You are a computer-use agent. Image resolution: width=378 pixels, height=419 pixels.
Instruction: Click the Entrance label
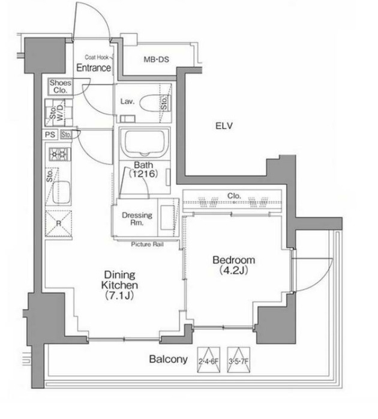(94, 68)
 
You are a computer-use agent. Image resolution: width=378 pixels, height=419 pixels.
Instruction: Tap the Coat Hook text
(97, 57)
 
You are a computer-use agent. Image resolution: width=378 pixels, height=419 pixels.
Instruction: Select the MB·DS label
(157, 59)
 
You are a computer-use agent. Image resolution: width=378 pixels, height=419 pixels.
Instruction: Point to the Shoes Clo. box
(61, 86)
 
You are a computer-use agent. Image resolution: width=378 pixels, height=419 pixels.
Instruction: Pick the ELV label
(224, 125)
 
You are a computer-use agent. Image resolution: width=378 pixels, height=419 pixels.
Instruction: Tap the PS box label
(50, 134)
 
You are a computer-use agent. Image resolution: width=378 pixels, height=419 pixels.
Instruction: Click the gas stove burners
(60, 154)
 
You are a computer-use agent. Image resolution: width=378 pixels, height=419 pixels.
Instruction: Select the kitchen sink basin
(61, 192)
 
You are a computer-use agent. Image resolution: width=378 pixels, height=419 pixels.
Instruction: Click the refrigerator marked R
(59, 224)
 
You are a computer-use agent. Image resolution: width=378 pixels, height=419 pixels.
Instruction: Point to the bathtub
(145, 143)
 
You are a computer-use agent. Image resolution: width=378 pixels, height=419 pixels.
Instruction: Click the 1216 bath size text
(143, 174)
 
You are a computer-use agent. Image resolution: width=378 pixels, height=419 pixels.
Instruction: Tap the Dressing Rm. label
(137, 219)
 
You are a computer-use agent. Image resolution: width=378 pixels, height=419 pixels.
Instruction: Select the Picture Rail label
(147, 244)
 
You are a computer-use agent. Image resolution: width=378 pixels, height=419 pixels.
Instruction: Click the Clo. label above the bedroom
(234, 196)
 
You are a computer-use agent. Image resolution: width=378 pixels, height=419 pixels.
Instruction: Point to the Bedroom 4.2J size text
(233, 271)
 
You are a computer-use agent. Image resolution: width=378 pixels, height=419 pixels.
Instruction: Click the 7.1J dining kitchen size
(119, 295)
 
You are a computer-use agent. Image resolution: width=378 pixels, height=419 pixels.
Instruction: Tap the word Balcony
(168, 359)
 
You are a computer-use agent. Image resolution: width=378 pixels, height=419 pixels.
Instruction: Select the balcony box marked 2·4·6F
(209, 360)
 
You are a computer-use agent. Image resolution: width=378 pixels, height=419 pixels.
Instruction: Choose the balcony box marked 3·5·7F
(239, 360)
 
